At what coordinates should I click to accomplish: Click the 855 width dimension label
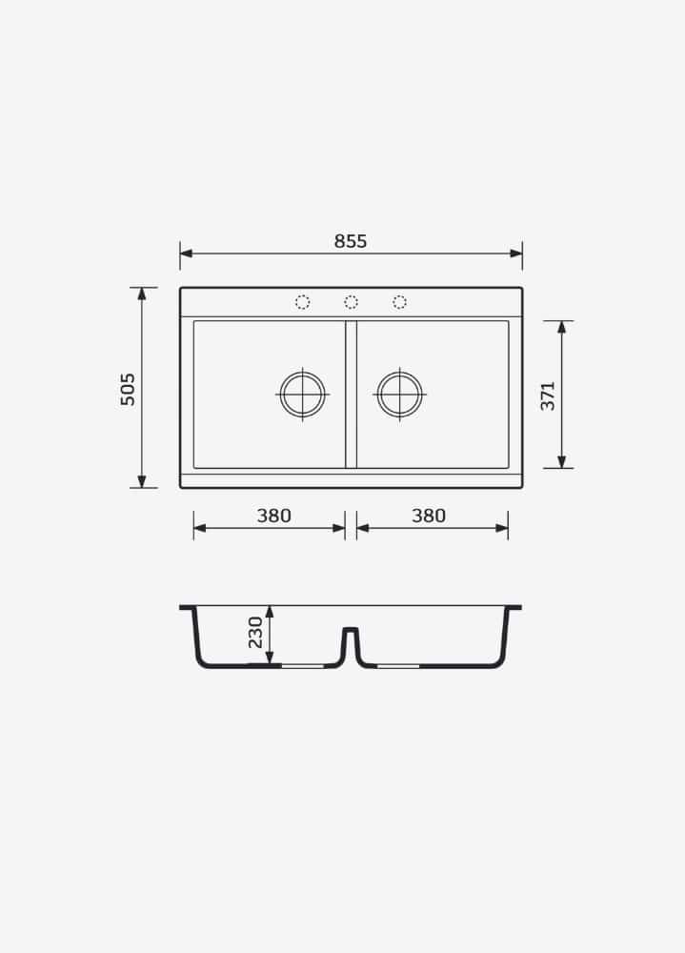click(x=351, y=241)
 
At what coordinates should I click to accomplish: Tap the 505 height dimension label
click(x=128, y=389)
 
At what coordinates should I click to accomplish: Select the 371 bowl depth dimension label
click(x=548, y=395)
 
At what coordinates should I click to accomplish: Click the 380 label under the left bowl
click(x=274, y=516)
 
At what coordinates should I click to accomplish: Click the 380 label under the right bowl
click(x=429, y=516)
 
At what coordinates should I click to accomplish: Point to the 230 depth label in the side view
click(x=255, y=632)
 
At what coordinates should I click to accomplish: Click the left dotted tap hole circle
click(x=302, y=302)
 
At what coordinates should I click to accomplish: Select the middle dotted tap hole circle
click(x=351, y=302)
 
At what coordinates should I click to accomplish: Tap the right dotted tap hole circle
click(x=399, y=302)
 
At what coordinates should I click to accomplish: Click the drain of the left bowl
click(x=302, y=395)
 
